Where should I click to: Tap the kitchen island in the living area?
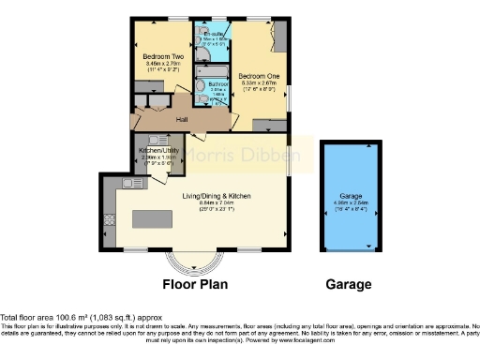tap(154, 218)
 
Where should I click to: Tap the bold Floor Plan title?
tap(195, 284)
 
